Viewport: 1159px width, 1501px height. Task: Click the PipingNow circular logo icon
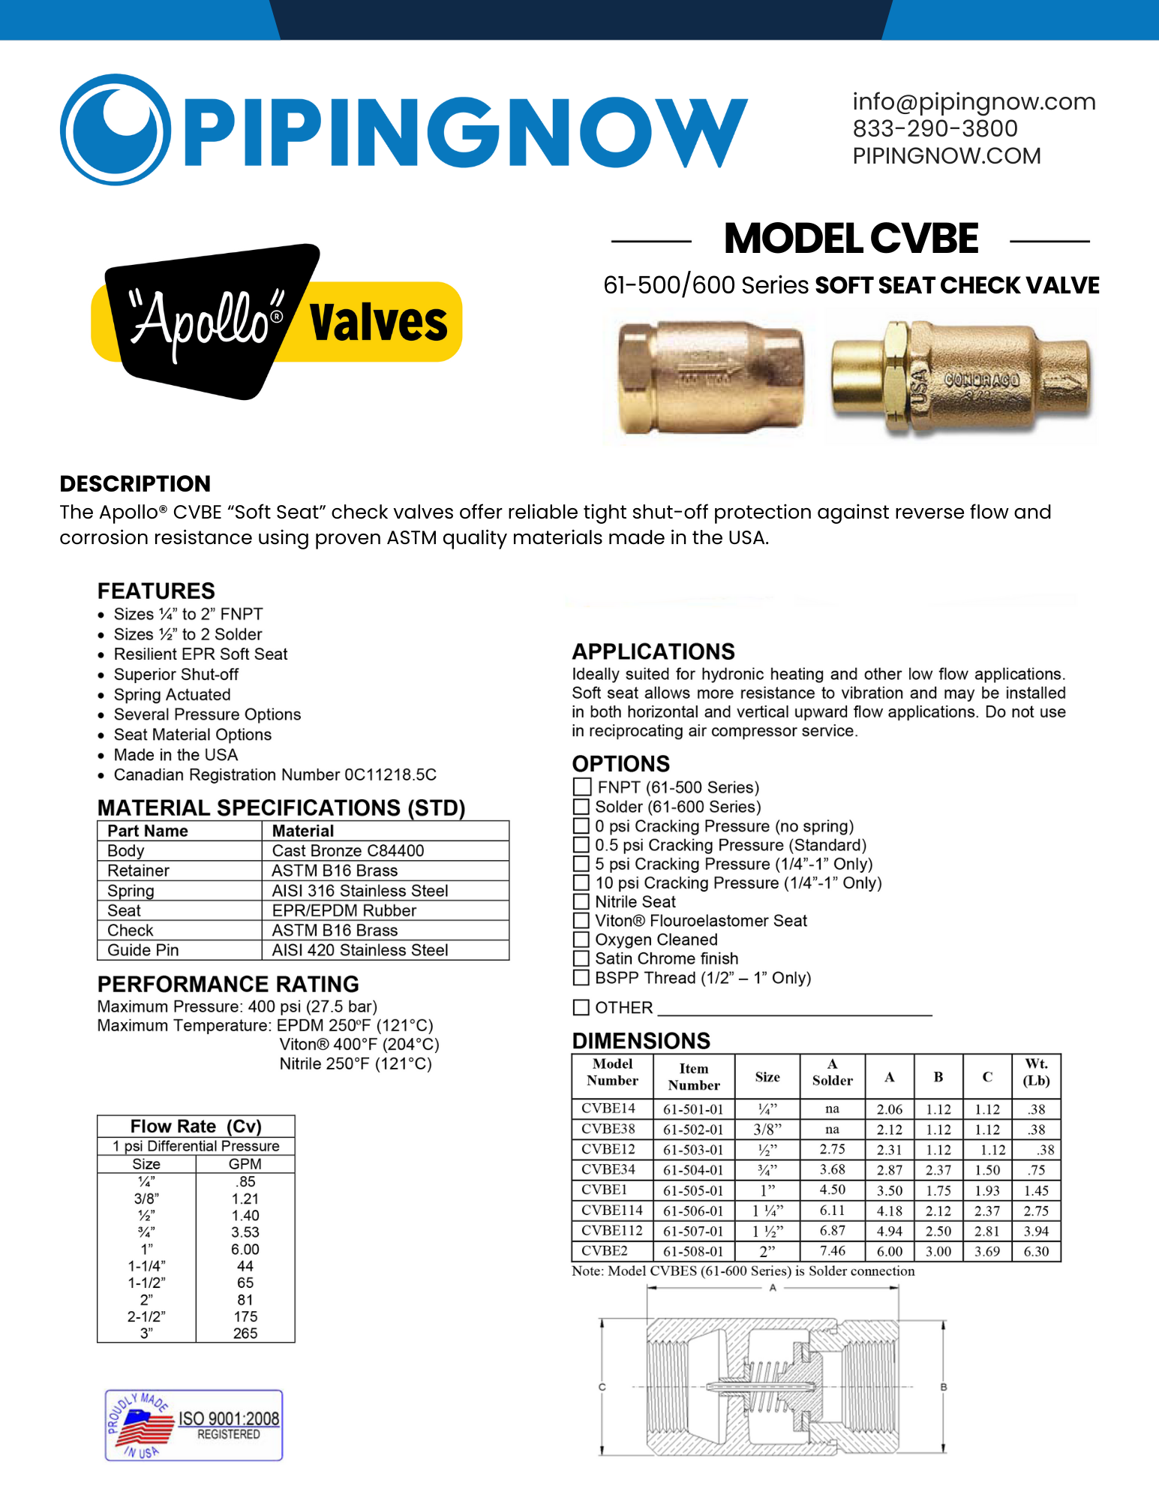click(x=115, y=129)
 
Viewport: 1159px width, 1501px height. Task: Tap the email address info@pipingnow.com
click(x=974, y=101)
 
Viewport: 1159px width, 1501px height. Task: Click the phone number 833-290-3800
click(x=935, y=128)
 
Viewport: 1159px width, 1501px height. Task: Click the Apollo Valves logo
click(x=276, y=321)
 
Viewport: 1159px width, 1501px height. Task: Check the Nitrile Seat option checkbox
click(x=581, y=901)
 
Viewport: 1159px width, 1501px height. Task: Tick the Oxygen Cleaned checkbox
click(x=581, y=940)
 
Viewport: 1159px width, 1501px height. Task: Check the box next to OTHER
click(x=581, y=1007)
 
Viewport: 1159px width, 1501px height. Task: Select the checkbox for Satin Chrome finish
click(x=581, y=958)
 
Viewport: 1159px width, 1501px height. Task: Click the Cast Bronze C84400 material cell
click(x=348, y=850)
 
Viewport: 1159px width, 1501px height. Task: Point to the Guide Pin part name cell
click(x=143, y=950)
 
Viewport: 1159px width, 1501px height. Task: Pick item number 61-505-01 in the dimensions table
click(x=693, y=1190)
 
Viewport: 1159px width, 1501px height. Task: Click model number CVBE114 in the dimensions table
click(x=612, y=1211)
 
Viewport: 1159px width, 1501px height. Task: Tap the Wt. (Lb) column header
click(x=1036, y=1072)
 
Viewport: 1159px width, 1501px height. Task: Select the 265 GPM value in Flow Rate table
click(x=245, y=1333)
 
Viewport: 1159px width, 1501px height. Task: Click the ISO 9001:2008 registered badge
click(x=194, y=1424)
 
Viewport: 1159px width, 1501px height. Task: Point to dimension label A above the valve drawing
click(x=773, y=1288)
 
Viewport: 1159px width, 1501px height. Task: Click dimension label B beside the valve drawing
click(x=944, y=1387)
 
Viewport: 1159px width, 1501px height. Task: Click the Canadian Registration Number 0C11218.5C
click(x=275, y=775)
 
